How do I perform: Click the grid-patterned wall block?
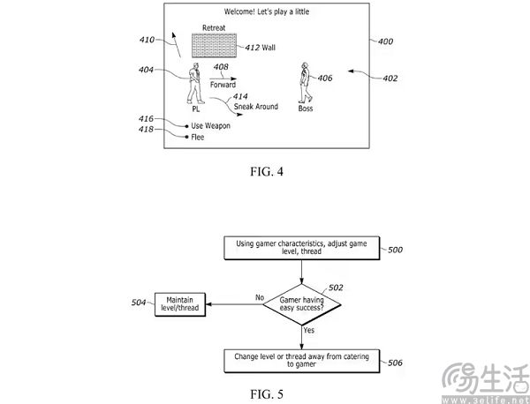coord(214,45)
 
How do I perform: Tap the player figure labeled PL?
coord(195,83)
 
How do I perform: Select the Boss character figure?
coord(305,83)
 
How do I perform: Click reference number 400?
coord(385,41)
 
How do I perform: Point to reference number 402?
coord(390,79)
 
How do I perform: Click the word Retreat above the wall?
coord(214,27)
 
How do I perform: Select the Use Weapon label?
coord(210,126)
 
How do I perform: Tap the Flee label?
coord(197,137)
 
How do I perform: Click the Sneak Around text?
coord(256,107)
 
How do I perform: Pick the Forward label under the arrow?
coord(223,85)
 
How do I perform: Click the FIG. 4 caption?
coord(267,171)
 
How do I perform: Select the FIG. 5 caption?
coord(267,394)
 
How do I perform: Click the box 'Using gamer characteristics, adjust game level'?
coord(302,248)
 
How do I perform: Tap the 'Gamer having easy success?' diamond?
coord(301,304)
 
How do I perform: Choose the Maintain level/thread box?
coord(180,304)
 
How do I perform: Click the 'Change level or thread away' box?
coord(302,361)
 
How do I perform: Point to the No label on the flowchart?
coord(260,297)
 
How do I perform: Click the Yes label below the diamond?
coord(309,330)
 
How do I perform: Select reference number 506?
coord(395,363)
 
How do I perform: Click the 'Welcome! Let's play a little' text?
coord(267,11)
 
